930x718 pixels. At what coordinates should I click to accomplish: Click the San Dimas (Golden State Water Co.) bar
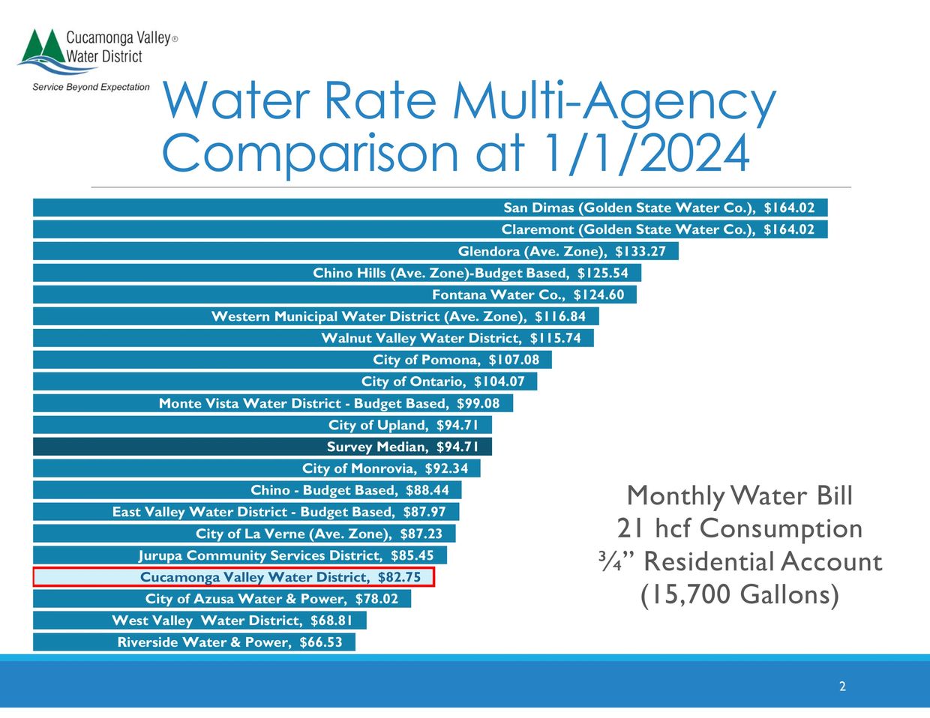tap(430, 208)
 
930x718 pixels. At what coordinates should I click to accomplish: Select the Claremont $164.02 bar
tap(430, 229)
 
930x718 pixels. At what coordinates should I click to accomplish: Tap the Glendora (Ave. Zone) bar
tap(355, 251)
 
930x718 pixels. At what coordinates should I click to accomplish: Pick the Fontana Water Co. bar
tap(334, 295)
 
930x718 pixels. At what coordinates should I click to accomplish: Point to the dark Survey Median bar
tap(262, 447)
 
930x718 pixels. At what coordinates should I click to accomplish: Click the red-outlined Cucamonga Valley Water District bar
tap(234, 577)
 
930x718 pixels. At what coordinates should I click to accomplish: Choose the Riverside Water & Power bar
tap(193, 642)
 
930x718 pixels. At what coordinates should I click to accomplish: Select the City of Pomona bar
tap(292, 360)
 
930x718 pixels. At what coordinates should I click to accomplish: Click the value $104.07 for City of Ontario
tap(499, 381)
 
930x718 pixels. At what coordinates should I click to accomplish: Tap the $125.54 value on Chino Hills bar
tap(603, 273)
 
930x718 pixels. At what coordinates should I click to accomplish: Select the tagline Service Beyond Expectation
tap(91, 87)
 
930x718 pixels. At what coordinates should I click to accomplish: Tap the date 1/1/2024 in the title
tap(643, 153)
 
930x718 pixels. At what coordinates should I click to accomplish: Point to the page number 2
tap(842, 687)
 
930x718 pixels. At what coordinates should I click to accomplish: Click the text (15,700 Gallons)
tap(739, 594)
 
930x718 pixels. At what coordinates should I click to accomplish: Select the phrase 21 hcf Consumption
tap(739, 528)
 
